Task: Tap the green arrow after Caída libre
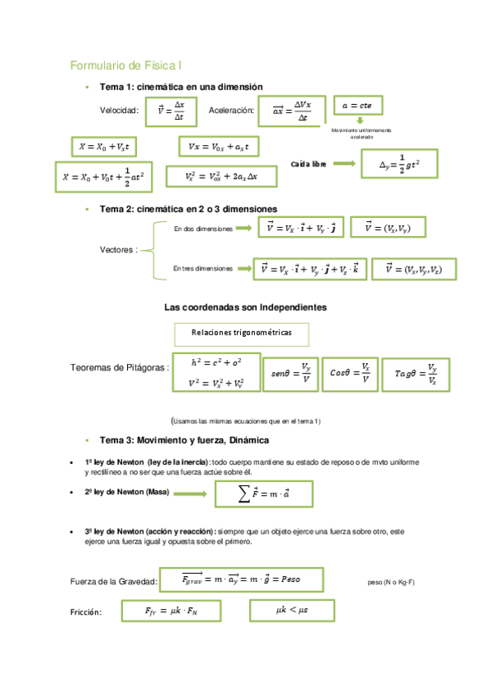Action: pyautogui.click(x=343, y=164)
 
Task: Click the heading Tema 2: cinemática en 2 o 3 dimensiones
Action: pyautogui.click(x=188, y=209)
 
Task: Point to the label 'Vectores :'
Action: pyautogui.click(x=119, y=248)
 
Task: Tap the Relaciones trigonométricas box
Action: pyautogui.click(x=242, y=333)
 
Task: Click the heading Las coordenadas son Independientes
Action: pyautogui.click(x=245, y=307)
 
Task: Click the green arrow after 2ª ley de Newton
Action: pyautogui.click(x=190, y=494)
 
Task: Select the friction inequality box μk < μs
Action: pyautogui.click(x=293, y=609)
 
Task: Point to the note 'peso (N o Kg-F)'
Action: pyautogui.click(x=391, y=582)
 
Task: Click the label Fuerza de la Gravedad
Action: pyautogui.click(x=114, y=581)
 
